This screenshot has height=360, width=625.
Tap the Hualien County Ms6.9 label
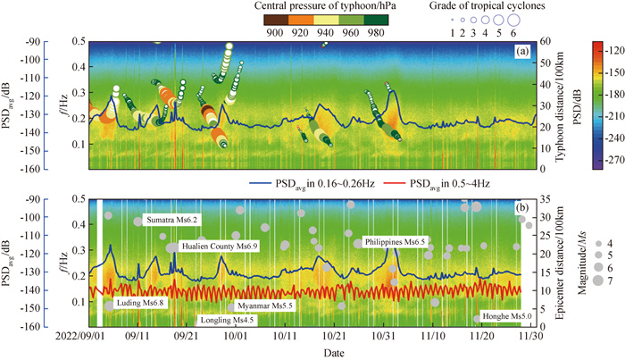[x=220, y=245]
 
